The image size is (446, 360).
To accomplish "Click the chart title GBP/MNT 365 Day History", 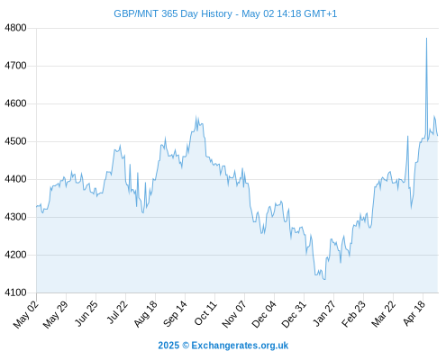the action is pyautogui.click(x=173, y=13).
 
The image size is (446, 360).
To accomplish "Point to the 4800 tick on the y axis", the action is pyautogui.click(x=15, y=28).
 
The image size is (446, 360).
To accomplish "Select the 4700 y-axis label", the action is pyautogui.click(x=15, y=66).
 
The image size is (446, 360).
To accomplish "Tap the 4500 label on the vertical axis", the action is pyautogui.click(x=15, y=141).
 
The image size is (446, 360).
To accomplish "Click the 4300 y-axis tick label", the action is pyautogui.click(x=15, y=217).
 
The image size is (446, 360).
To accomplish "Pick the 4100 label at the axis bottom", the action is pyautogui.click(x=15, y=292).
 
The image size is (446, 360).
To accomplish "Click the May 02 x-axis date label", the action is pyautogui.click(x=26, y=314).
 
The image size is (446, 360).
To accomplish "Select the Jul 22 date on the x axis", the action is pyautogui.click(x=117, y=312).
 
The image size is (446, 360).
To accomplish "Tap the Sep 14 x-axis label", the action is pyautogui.click(x=175, y=314).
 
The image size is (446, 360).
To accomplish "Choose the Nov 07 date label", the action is pyautogui.click(x=234, y=314).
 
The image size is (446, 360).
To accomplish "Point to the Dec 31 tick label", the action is pyautogui.click(x=294, y=314).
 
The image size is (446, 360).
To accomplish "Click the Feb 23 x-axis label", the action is pyautogui.click(x=353, y=314).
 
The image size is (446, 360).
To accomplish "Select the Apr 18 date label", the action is pyautogui.click(x=414, y=313).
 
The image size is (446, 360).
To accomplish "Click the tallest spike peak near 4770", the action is pyautogui.click(x=426, y=38).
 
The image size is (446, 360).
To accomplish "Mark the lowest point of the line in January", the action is pyautogui.click(x=324, y=279).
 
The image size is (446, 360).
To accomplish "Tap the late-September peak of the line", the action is pyautogui.click(x=196, y=116).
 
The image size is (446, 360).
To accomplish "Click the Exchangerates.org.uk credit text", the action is pyautogui.click(x=240, y=346).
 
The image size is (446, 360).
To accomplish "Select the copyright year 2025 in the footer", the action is pyautogui.click(x=168, y=346).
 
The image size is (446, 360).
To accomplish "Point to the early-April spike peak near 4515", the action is pyautogui.click(x=407, y=137).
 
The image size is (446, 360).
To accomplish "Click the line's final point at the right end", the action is pyautogui.click(x=438, y=136).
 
